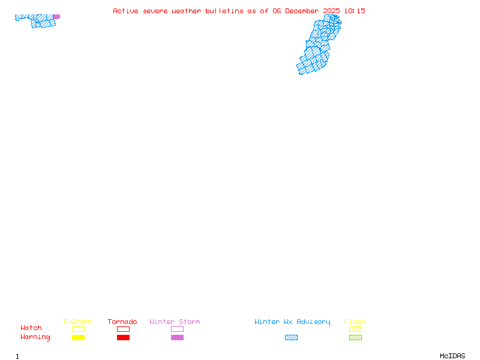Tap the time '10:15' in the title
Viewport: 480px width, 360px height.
point(354,11)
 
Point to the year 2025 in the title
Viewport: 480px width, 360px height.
point(331,11)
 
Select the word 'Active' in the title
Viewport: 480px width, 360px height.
point(126,11)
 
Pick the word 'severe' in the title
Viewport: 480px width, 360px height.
point(155,11)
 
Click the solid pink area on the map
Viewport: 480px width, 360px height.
point(56,17)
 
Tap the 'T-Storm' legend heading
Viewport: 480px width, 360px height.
point(77,322)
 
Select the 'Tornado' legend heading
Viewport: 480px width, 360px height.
point(122,322)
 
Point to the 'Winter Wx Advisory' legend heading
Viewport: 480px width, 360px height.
point(292,322)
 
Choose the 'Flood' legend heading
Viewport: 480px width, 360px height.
point(355,322)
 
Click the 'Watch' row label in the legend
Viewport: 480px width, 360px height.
point(31,328)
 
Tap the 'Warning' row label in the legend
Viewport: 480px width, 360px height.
point(35,337)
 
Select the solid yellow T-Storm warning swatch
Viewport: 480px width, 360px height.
point(78,337)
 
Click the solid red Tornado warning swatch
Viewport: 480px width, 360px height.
point(123,337)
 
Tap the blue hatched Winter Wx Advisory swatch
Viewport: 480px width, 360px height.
point(291,337)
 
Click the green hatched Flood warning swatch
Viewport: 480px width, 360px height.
point(355,337)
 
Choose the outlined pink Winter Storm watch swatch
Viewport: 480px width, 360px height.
point(177,329)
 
